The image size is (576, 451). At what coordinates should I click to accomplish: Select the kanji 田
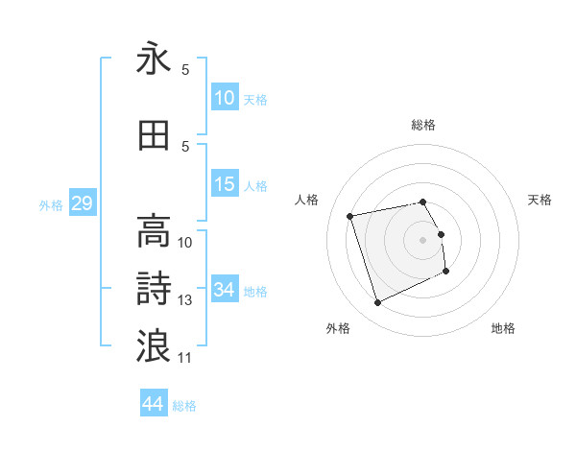(x=154, y=136)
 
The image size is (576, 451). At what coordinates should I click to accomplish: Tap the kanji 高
(x=154, y=231)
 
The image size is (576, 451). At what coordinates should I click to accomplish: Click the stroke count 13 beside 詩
(x=185, y=300)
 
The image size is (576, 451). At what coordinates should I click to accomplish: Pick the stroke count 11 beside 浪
(x=185, y=357)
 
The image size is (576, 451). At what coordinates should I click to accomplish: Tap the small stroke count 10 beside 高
(x=185, y=243)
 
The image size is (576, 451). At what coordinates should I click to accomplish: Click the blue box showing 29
(x=82, y=203)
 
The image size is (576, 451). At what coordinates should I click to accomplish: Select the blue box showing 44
(x=154, y=404)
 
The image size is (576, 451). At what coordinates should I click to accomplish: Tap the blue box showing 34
(x=225, y=290)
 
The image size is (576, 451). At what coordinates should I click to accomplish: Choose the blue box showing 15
(x=225, y=184)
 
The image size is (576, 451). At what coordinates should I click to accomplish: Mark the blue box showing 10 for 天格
(x=225, y=98)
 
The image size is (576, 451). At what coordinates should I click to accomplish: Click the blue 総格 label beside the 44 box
(x=184, y=406)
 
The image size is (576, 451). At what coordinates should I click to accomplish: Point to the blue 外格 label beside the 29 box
(x=51, y=204)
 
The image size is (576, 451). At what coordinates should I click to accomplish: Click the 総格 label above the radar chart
(x=423, y=125)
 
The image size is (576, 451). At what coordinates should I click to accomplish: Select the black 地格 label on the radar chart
(x=503, y=328)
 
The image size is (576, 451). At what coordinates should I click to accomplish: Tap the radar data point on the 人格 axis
(x=350, y=215)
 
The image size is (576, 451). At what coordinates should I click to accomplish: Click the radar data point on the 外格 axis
(x=377, y=303)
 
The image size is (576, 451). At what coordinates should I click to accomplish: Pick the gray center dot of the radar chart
(x=423, y=239)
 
